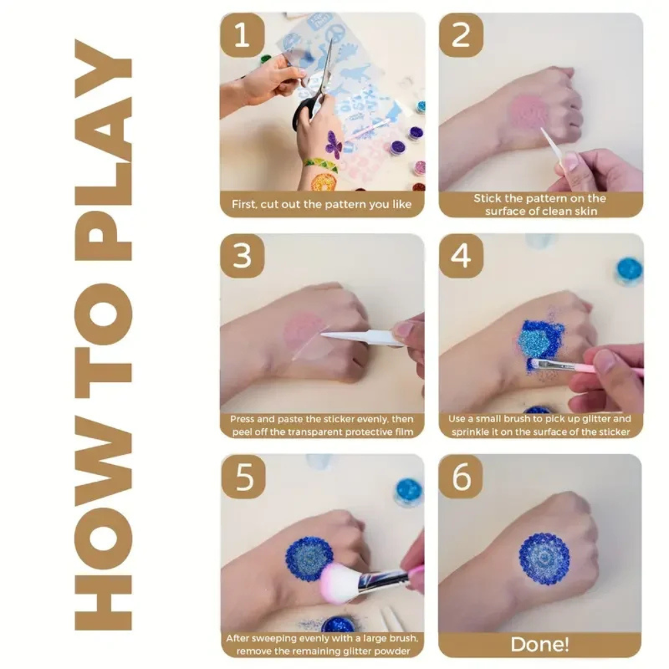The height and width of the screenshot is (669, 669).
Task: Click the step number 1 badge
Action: coord(242,35)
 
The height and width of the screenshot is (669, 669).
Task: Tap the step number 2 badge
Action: coord(461,35)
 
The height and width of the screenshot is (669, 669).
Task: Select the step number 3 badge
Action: coord(242,256)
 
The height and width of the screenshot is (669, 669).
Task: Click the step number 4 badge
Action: coord(461,256)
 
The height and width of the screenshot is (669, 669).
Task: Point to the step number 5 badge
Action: coord(243,476)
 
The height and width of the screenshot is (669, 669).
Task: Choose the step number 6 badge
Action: coord(461,476)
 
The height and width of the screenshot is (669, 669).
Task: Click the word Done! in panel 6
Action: coord(540,644)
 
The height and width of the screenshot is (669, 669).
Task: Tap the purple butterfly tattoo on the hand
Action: coord(333,145)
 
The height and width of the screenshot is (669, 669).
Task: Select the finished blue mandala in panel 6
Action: coord(544,559)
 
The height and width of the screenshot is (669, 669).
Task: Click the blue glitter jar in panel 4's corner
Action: coord(629,270)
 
